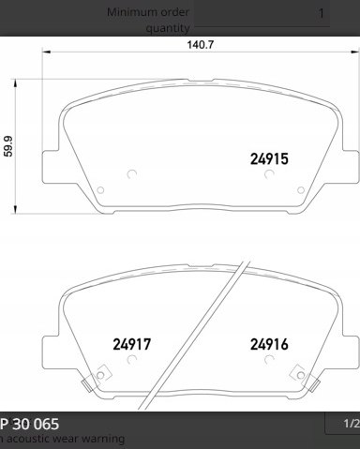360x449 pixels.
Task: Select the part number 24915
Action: [x=269, y=159]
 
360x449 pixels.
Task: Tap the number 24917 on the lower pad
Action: [x=132, y=344]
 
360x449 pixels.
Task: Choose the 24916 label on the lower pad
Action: [x=269, y=344]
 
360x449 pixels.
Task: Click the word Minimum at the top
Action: [x=132, y=12]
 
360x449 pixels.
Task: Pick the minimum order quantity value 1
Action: [x=322, y=13]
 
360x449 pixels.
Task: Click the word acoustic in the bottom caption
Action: [x=29, y=439]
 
